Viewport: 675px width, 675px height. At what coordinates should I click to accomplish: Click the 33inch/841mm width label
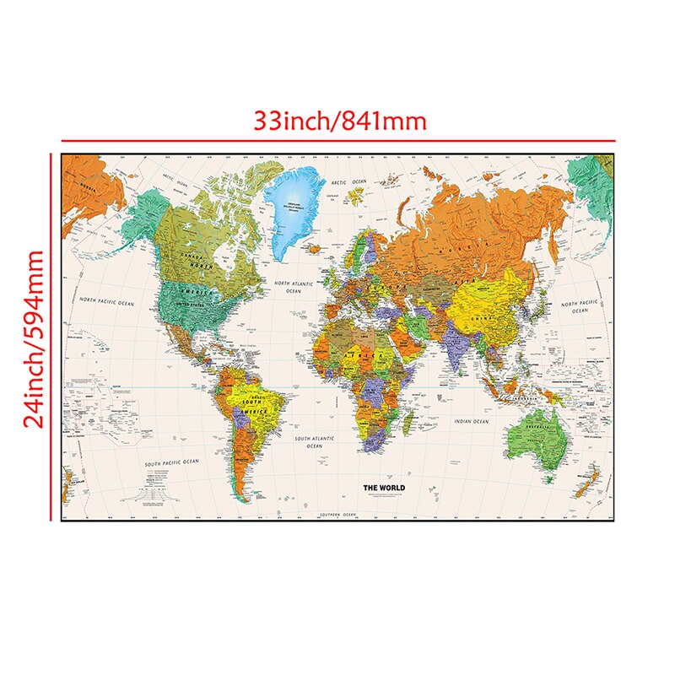pyautogui.click(x=341, y=121)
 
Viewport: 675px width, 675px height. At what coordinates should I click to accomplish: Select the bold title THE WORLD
pyautogui.click(x=384, y=488)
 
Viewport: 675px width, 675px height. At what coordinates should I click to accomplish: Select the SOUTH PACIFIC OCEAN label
pyautogui.click(x=171, y=462)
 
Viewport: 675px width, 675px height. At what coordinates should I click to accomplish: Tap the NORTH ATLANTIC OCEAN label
pyautogui.click(x=294, y=288)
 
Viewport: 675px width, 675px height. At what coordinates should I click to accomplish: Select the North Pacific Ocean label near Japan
pyautogui.click(x=580, y=306)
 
